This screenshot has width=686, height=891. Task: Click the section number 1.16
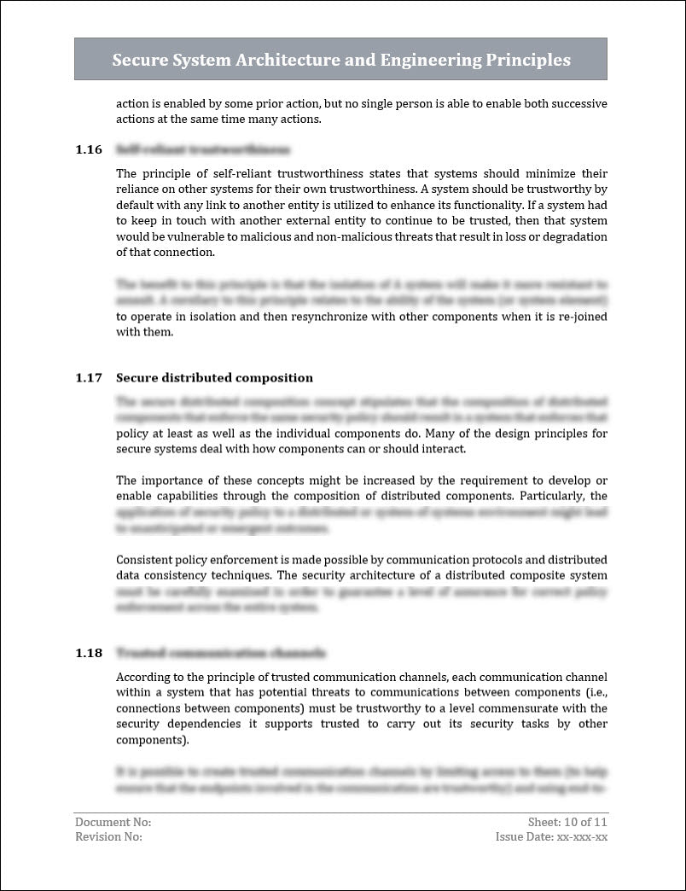tap(89, 149)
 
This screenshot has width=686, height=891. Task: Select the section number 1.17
tap(89, 378)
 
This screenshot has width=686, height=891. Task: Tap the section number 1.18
tap(89, 653)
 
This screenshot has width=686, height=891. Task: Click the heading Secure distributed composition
tap(214, 378)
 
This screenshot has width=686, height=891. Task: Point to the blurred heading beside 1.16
tap(202, 149)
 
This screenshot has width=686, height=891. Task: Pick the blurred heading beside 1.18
tap(220, 653)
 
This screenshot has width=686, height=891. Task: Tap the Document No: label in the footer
tap(113, 822)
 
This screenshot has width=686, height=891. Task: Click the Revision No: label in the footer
tap(109, 836)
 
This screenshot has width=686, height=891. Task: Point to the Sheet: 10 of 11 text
tap(567, 822)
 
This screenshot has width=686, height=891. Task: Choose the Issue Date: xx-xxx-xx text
tap(551, 836)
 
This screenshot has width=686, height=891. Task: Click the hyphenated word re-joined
tap(580, 316)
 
